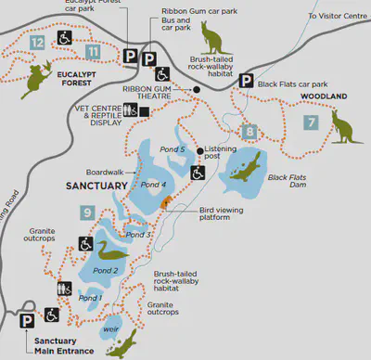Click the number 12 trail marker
coord(36,43)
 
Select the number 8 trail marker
coord(249,131)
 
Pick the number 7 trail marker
coord(311,122)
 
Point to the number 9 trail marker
coord(86,213)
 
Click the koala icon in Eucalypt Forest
coord(38,78)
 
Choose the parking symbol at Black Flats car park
coord(246,82)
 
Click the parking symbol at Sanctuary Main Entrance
coord(28,318)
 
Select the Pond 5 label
coord(171,149)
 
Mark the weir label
coord(113,328)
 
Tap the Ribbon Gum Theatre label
coord(171,95)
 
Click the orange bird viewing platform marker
coord(165,202)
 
